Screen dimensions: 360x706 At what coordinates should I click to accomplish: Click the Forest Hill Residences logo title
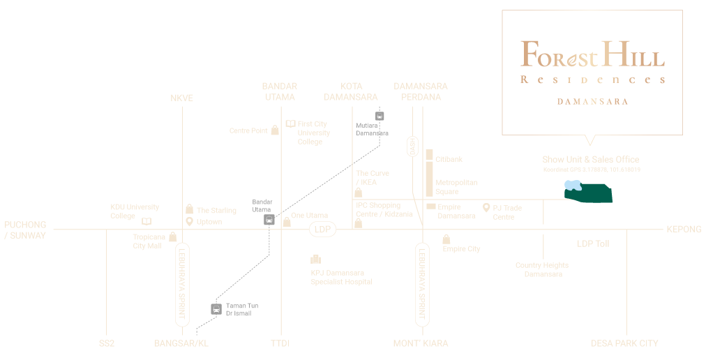coord(592,54)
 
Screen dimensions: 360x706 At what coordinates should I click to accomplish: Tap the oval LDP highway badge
coord(322,229)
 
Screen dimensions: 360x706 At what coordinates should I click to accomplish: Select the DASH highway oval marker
coord(412,147)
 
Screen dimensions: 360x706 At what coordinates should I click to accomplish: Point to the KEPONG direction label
coord(684,230)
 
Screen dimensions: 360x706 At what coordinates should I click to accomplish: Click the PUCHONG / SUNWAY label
coord(25,230)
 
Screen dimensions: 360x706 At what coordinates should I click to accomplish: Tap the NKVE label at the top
coord(181,98)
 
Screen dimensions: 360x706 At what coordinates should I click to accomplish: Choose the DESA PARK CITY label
coord(624,343)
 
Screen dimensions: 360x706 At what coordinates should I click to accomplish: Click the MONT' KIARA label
coord(421,343)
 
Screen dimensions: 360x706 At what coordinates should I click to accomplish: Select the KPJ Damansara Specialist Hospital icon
coord(316,259)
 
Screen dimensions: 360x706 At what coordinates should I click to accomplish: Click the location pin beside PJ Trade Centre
coord(486,208)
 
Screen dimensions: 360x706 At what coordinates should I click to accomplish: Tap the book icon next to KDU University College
coord(147,222)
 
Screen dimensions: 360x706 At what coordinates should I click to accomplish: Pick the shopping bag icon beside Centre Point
coord(275,130)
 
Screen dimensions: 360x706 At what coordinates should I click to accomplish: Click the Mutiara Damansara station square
coord(380,117)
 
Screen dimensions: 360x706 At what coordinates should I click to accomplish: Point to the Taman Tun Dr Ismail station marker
coord(216,308)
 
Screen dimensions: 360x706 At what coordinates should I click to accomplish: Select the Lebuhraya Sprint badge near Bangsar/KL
coord(181,285)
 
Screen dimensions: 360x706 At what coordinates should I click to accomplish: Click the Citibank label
coord(449,160)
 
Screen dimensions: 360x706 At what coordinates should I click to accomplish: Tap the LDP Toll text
coord(593,243)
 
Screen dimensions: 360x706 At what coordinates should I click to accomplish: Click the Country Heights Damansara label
coord(542,270)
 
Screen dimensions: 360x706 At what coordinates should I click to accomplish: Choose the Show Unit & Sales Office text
coord(590,160)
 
